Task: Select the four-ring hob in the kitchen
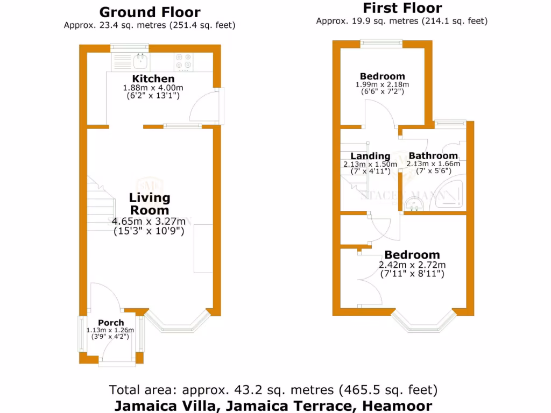[183, 61]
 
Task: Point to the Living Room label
[149, 204]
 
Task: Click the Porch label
[111, 323]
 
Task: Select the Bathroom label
[433, 156]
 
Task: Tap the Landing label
[370, 156]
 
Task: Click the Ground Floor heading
[150, 12]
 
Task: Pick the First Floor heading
[402, 8]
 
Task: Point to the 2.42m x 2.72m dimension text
[413, 265]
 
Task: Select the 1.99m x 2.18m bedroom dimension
[382, 84]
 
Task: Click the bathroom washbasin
[413, 203]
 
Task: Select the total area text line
[273, 389]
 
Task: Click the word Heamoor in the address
[397, 405]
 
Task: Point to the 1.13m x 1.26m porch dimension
[111, 330]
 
